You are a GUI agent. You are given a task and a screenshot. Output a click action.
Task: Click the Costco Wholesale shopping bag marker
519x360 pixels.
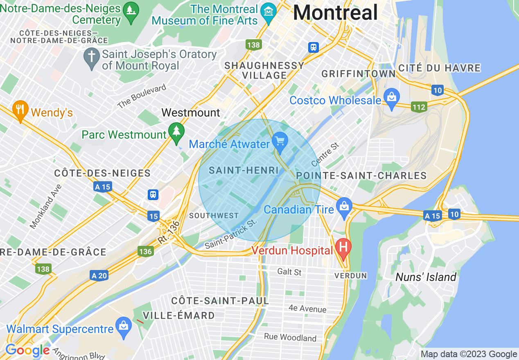392,98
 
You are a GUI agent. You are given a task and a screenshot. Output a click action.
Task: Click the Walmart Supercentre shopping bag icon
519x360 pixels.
123,326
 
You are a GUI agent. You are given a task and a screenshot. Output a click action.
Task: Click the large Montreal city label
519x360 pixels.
335,12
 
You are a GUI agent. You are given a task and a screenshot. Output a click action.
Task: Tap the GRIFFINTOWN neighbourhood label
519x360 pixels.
359,74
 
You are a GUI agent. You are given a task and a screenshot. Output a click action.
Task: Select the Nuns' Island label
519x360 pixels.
426,277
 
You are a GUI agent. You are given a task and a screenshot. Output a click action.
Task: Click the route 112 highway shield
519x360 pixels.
420,107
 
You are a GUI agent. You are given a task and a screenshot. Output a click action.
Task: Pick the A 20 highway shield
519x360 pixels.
99,275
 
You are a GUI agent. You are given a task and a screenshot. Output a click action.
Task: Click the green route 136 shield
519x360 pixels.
146,251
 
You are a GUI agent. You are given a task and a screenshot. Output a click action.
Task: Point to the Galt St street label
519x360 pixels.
289,272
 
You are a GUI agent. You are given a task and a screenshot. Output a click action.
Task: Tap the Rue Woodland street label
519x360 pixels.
290,337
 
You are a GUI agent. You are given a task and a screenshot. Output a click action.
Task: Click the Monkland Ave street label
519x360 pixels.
46,206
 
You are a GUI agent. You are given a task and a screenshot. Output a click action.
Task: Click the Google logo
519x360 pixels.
27,350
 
